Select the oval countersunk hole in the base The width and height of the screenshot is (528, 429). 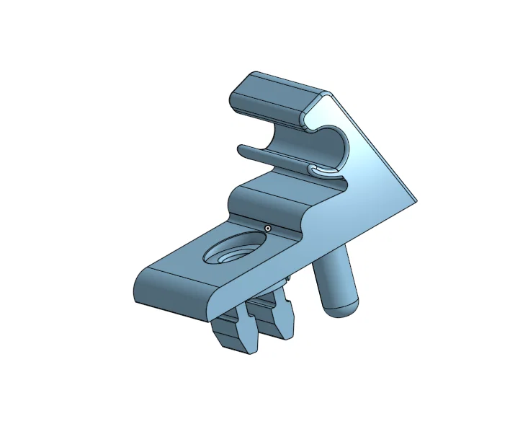pos(231,251)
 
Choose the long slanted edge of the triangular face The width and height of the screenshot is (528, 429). pos(375,144)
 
